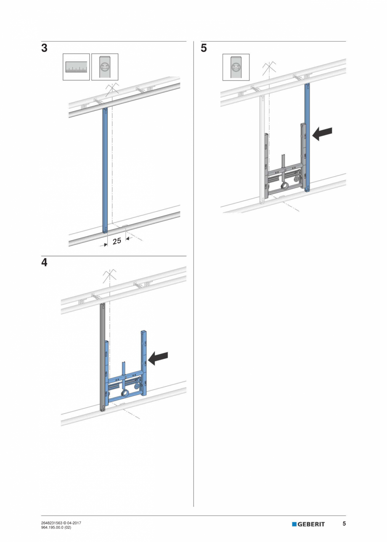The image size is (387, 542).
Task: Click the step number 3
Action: [x=44, y=48]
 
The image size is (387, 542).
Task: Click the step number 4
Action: [x=44, y=263]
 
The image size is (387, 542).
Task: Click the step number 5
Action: [x=204, y=48]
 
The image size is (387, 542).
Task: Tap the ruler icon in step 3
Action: [x=76, y=67]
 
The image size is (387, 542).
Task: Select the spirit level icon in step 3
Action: [x=105, y=67]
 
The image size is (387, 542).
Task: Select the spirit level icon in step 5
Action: [x=236, y=67]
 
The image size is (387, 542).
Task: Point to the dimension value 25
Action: [x=117, y=241]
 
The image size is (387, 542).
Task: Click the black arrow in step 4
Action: [x=158, y=358]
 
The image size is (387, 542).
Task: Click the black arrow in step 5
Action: [x=322, y=134]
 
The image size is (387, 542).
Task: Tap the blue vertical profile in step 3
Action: [x=105, y=170]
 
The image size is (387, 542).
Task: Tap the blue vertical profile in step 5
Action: [x=307, y=137]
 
